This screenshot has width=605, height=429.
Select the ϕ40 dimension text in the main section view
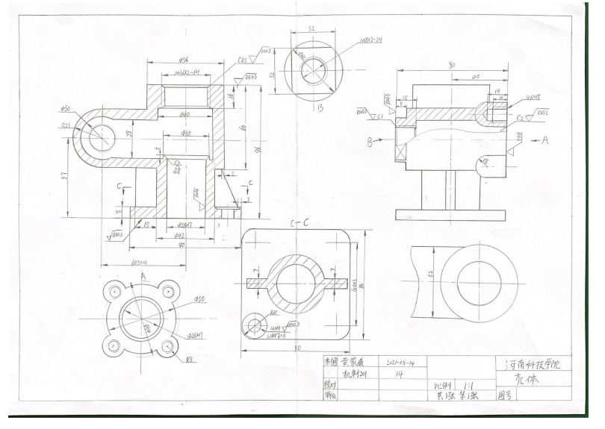point(183,114)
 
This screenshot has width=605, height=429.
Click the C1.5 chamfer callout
point(243,58)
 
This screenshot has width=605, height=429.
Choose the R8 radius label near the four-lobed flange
point(187,357)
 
